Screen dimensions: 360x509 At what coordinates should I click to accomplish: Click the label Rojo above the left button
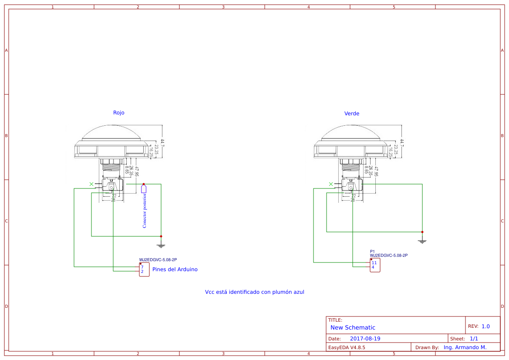point(118,113)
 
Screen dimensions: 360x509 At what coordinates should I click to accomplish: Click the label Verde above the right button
point(352,114)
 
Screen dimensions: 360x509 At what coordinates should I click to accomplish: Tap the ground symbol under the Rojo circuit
point(161,246)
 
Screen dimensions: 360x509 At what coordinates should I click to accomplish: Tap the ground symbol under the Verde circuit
point(422,241)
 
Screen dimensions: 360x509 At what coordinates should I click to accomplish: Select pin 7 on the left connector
point(142,267)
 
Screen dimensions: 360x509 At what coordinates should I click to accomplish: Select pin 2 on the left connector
point(142,272)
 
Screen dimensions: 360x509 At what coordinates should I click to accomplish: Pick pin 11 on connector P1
point(374,262)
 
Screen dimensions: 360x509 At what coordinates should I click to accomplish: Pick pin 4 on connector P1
point(373,267)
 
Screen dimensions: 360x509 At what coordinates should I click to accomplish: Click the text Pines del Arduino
point(175,269)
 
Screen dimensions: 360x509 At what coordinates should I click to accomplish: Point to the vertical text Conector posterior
point(145,211)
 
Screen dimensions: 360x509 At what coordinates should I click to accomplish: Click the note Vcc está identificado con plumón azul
point(254,292)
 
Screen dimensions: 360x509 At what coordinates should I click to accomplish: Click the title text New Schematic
point(353,328)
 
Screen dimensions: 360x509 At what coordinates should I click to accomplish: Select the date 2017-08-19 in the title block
point(365,339)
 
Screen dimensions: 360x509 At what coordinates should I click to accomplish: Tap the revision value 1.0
point(485,326)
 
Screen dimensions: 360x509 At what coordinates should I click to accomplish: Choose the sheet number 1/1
point(474,339)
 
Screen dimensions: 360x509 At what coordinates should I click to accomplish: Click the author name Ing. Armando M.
point(465,347)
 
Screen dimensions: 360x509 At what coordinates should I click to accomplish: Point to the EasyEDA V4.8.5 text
point(347,348)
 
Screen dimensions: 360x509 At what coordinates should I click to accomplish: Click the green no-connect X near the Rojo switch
point(91,184)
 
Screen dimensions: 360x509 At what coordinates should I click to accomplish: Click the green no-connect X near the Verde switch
point(331,184)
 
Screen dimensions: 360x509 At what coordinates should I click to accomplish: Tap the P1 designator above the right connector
point(372,252)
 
